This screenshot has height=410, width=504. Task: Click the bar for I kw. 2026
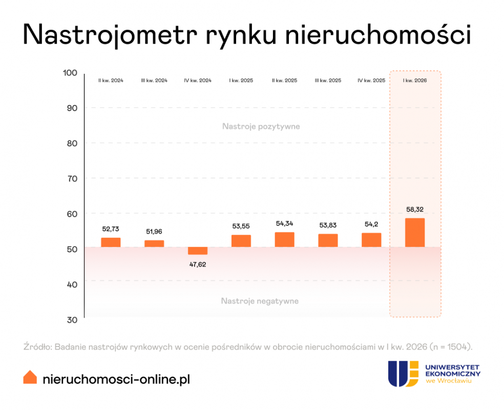[414, 233]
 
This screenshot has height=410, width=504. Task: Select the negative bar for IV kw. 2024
[198, 251]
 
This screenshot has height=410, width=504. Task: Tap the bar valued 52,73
[111, 242]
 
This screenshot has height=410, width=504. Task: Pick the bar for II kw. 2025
[284, 240]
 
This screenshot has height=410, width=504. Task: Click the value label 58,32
[414, 210]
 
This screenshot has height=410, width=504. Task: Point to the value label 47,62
[198, 264]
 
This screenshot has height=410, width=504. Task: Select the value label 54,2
[371, 224]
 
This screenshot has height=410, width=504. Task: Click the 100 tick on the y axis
[70, 73]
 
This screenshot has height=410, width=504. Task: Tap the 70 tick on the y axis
[71, 178]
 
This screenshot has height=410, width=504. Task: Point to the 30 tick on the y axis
[71, 320]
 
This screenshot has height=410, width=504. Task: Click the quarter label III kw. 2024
[154, 81]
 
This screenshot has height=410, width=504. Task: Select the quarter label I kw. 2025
[241, 81]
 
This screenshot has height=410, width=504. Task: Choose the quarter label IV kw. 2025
[371, 81]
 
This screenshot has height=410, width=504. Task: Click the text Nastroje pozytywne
[261, 126]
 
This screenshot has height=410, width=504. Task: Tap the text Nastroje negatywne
[260, 301]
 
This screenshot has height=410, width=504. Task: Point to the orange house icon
[30, 377]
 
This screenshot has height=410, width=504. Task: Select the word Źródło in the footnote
[36, 347]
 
